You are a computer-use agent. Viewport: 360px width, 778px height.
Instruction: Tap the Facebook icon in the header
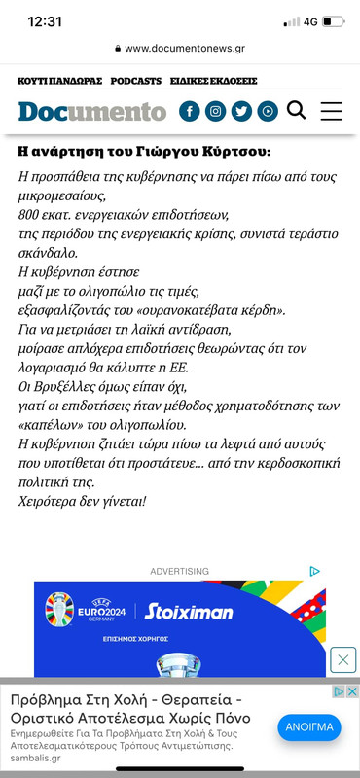190,111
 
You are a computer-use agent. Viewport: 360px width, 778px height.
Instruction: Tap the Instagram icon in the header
215,111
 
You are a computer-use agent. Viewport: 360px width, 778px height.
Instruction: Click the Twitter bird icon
241,111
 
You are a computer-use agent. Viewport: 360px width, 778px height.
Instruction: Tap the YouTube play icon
268,111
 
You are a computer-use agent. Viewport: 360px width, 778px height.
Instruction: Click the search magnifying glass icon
297,110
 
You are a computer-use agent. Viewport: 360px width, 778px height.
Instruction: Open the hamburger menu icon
331,110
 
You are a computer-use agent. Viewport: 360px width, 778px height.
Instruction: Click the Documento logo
91,111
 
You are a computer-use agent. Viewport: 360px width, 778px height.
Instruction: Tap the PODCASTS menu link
136,81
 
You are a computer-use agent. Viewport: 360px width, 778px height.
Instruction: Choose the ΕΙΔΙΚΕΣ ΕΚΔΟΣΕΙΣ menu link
213,81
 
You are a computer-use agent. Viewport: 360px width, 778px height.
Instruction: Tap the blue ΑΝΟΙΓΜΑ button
308,727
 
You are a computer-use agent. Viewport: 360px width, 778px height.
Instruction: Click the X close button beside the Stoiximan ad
342,659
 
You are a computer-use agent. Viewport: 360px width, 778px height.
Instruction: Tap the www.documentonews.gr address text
184,47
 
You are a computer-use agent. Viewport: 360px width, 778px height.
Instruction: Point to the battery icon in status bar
333,21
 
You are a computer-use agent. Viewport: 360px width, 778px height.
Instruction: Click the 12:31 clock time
45,21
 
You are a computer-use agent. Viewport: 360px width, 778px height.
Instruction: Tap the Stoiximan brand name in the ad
189,612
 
